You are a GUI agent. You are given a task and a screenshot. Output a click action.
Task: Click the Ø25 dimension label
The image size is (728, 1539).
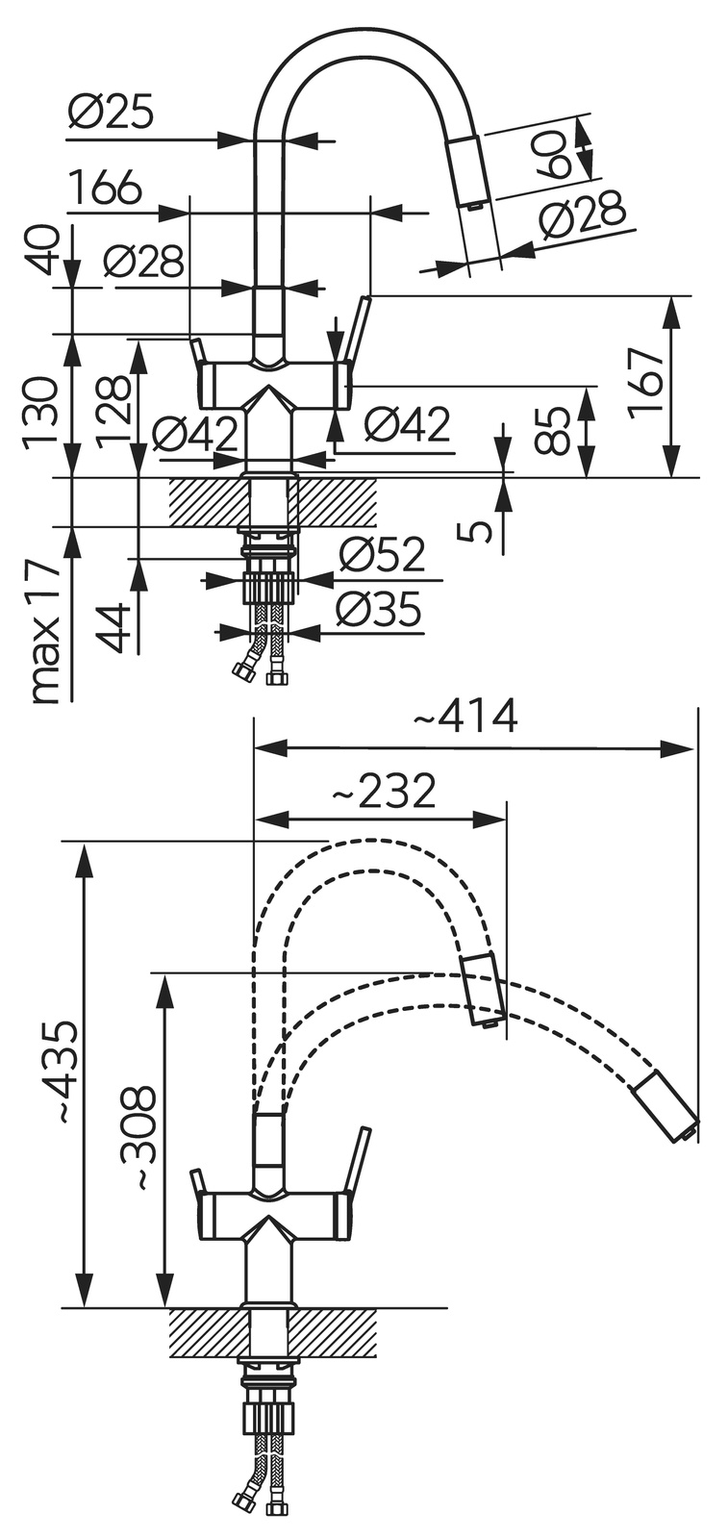pyautogui.click(x=111, y=114)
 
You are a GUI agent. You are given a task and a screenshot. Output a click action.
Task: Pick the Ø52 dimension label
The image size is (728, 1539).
pyautogui.click(x=382, y=554)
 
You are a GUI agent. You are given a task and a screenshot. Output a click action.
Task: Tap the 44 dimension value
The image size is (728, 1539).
pyautogui.click(x=116, y=627)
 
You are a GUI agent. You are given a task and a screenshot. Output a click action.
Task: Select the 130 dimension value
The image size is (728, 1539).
pyautogui.click(x=41, y=415)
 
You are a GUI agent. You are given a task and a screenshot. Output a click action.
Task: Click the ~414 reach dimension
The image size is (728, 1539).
pyautogui.click(x=465, y=717)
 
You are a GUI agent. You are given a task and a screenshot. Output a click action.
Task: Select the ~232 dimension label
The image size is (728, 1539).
pyautogui.click(x=384, y=793)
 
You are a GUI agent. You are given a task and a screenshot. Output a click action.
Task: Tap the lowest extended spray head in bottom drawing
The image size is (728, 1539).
pyautogui.click(x=665, y=1105)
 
